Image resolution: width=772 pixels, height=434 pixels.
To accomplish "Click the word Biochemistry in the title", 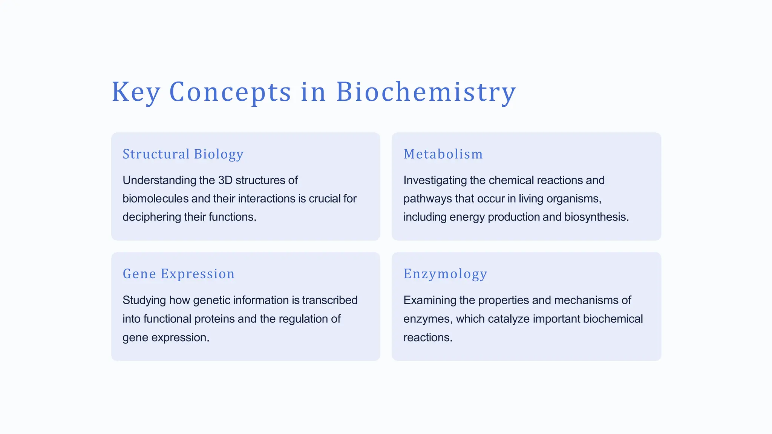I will [x=426, y=92].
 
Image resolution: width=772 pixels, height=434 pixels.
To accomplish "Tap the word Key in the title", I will [x=136, y=92].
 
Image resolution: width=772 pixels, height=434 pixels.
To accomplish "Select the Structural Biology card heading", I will [x=183, y=154].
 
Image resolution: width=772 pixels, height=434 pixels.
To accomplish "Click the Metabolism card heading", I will [x=443, y=154].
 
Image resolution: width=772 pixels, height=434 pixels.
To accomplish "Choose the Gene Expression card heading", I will [x=178, y=274].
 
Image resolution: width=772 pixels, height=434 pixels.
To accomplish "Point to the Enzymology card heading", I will [x=445, y=274].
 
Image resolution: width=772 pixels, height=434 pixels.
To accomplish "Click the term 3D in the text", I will [x=225, y=180].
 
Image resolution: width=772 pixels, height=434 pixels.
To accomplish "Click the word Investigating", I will [x=435, y=180].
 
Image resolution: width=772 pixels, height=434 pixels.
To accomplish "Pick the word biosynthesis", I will [x=596, y=217].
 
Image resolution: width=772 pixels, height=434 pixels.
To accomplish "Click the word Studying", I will [x=144, y=300].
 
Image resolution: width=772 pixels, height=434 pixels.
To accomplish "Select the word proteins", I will [x=214, y=319].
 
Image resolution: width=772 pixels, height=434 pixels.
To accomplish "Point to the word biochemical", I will [x=613, y=319].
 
